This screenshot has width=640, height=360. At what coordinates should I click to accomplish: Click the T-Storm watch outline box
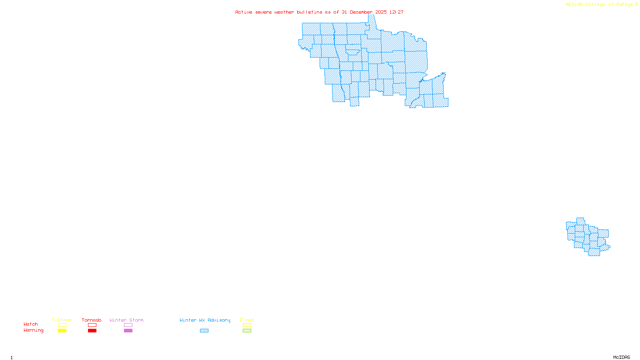62,325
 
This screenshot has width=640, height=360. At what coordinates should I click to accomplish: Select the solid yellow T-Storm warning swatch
62,331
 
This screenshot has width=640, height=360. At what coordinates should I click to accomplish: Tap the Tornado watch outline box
92,325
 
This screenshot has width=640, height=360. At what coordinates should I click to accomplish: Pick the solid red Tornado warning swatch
92,331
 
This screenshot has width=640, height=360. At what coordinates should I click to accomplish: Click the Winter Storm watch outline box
128,325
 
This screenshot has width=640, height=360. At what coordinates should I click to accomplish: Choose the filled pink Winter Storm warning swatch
128,331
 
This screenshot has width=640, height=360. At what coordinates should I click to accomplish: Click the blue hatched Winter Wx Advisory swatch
204,331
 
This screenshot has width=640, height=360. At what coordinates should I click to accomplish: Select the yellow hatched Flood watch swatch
247,325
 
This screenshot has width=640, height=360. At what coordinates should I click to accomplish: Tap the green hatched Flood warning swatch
247,331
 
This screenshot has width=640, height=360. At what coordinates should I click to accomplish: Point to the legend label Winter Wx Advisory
205,320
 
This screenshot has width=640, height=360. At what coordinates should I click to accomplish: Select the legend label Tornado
92,320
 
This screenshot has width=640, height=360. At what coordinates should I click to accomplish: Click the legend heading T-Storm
62,320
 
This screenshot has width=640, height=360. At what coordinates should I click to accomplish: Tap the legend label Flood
247,320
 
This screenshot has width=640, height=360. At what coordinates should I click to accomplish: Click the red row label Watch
31,324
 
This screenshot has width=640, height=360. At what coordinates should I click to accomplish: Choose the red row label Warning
33,330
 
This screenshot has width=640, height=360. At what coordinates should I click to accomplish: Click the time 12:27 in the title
396,12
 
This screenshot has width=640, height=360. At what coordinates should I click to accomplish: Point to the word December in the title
361,12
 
